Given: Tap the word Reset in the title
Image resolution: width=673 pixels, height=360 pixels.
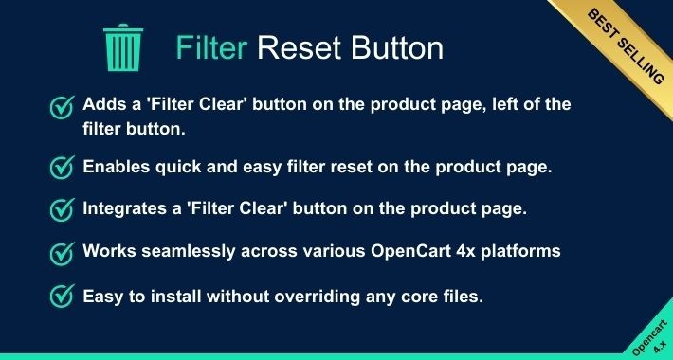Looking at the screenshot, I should click(x=294, y=47).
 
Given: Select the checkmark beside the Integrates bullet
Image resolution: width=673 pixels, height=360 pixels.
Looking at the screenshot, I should click(x=62, y=210).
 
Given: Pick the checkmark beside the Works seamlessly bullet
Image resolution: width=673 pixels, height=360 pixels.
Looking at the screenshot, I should click(x=62, y=253).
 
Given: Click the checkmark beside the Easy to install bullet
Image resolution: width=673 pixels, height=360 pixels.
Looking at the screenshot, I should click(x=62, y=297).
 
